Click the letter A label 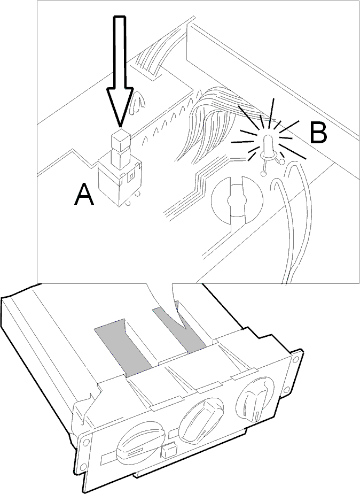(84, 195)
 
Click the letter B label (318, 133)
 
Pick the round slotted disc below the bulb (237, 200)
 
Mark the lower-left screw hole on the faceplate (83, 467)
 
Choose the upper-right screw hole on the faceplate (295, 359)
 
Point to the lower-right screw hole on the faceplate (286, 390)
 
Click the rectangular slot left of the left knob (109, 459)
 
